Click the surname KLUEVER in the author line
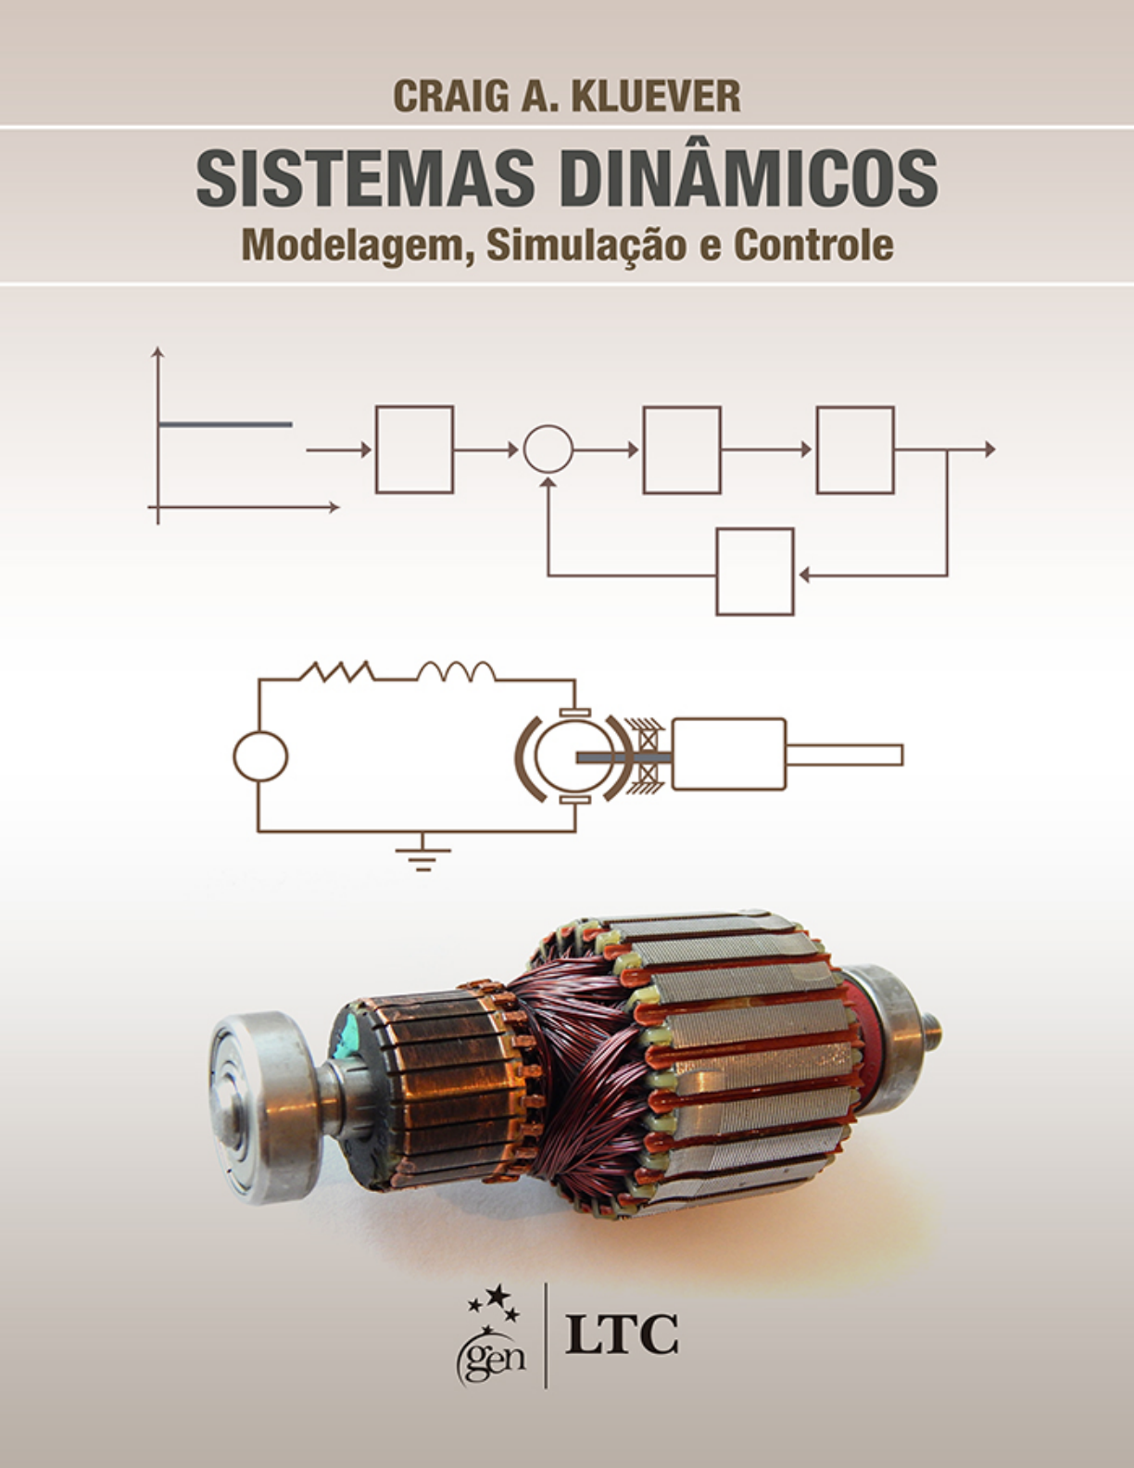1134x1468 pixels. (656, 96)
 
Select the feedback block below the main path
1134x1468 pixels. (755, 572)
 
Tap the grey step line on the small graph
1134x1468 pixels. (225, 425)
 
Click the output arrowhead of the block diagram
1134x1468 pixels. (990, 449)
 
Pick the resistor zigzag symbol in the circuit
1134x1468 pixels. (336, 672)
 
